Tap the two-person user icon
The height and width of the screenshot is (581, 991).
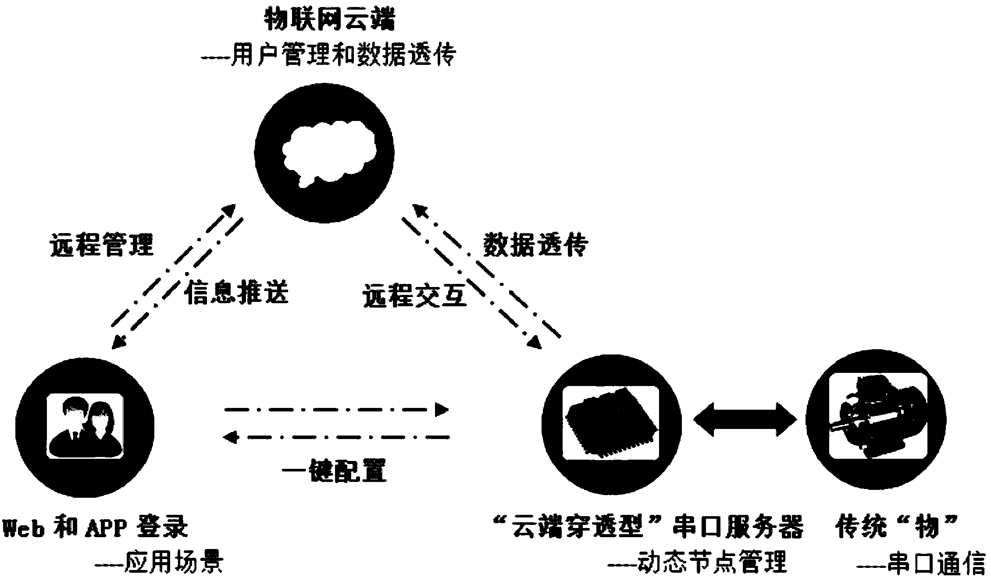(85, 426)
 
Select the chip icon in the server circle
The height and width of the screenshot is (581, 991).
(611, 423)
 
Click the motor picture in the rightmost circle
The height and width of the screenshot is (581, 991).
(875, 422)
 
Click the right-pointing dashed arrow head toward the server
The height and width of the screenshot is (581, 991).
(442, 410)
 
